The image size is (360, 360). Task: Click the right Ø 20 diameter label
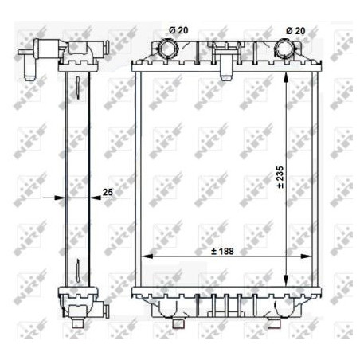295,30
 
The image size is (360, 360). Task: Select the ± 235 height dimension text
280,177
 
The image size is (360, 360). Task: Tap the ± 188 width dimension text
223,250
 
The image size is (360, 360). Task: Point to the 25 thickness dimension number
108,191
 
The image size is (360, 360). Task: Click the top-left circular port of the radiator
169,49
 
